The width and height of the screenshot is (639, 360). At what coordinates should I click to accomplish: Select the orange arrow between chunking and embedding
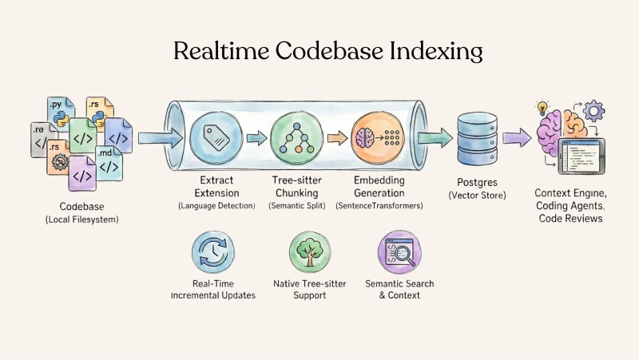(336, 137)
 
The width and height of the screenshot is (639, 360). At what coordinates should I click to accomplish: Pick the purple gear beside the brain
(593, 111)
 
